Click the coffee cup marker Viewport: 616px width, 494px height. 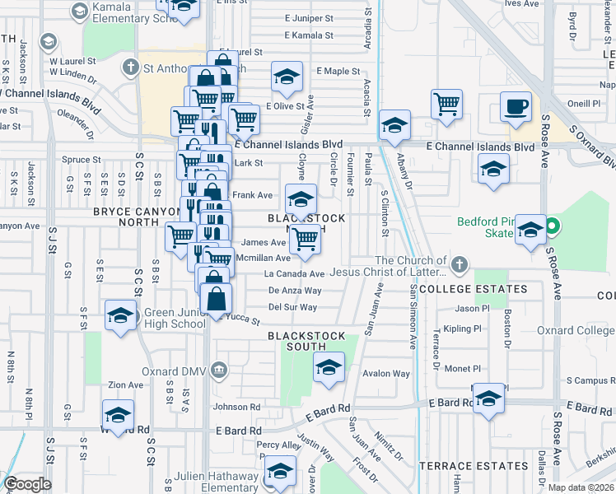click(x=516, y=107)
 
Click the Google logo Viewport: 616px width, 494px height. click(x=27, y=484)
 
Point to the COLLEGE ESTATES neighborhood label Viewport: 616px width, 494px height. click(x=473, y=289)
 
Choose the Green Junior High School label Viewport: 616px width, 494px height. click(x=175, y=318)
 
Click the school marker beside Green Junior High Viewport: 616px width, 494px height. click(x=121, y=316)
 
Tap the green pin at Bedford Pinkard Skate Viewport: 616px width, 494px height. click(x=554, y=224)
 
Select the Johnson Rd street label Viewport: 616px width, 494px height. click(x=237, y=407)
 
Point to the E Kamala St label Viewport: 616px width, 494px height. click(x=309, y=35)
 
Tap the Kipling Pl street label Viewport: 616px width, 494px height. click(x=462, y=329)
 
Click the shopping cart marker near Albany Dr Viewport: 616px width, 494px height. click(x=446, y=105)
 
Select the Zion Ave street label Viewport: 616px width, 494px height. click(x=125, y=384)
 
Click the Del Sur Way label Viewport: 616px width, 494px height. click(x=293, y=307)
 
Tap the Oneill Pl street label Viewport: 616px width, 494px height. click(x=584, y=104)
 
